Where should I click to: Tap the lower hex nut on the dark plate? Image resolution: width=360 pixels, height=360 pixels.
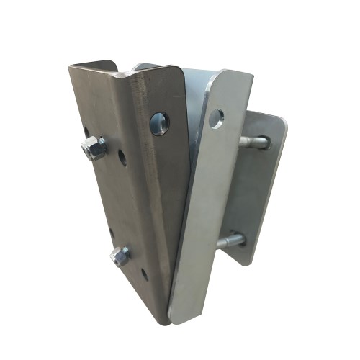(120, 256)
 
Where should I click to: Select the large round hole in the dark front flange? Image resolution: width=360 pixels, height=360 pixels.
(160, 122)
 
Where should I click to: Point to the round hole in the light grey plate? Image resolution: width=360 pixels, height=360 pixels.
(215, 118)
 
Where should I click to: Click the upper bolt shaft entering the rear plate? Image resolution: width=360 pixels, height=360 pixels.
(253, 142)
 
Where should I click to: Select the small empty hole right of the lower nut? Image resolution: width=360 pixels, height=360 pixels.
(144, 273)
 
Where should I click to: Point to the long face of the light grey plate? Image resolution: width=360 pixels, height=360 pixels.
(205, 216)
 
